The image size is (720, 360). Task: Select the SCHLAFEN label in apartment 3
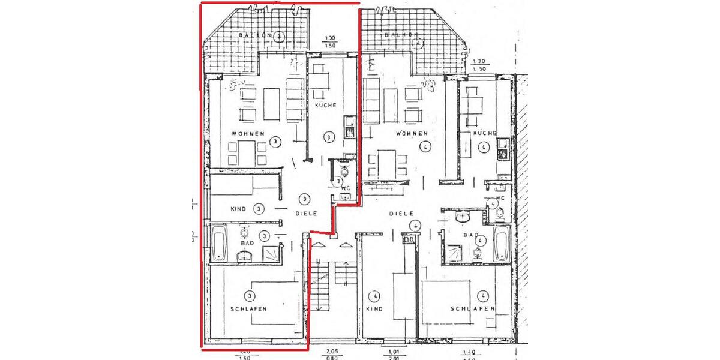coord(248,309)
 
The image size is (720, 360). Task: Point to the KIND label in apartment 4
coord(374,309)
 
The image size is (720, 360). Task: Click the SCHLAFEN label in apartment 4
coord(473,309)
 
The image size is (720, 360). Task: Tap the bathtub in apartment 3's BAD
coord(218,242)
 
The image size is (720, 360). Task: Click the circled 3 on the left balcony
coord(280,37)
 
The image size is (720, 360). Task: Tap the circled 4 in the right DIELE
coord(414,226)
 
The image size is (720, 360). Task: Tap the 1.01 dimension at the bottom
coord(394,352)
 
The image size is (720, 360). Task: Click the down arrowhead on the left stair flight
coord(318,308)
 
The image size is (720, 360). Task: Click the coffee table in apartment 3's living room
coord(272,104)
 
